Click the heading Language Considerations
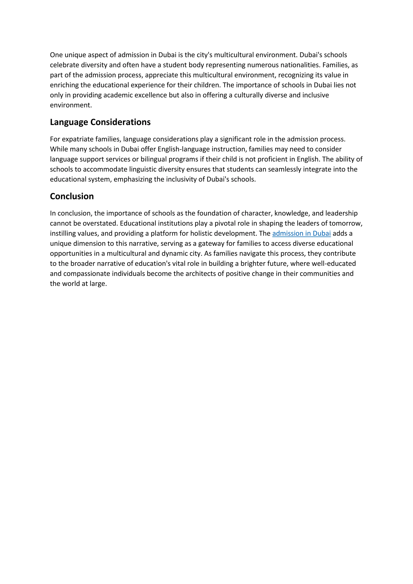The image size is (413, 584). [100, 122]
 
